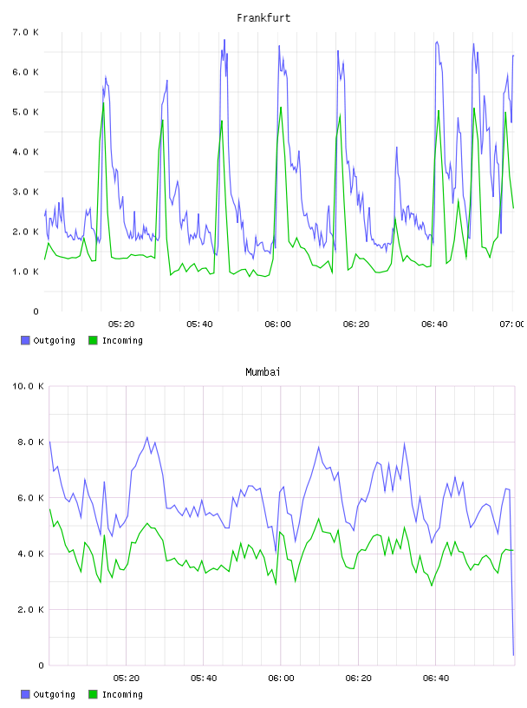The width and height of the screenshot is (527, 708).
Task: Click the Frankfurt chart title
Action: (x=263, y=18)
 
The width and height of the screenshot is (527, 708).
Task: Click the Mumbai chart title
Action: (x=263, y=372)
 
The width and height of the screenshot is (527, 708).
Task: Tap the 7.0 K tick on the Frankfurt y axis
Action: (x=26, y=32)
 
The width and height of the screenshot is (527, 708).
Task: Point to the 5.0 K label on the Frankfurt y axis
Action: (x=26, y=112)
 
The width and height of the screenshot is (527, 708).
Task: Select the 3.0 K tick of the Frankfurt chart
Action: (x=26, y=192)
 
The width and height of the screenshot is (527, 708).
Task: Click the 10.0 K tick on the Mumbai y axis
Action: (x=28, y=386)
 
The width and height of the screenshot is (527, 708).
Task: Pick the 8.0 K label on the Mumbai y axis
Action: (x=30, y=442)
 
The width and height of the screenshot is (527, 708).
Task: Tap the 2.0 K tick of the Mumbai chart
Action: (x=30, y=610)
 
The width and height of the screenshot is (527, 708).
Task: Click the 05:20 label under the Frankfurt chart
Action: (x=121, y=324)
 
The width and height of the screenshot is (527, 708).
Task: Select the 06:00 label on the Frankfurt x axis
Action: (x=278, y=324)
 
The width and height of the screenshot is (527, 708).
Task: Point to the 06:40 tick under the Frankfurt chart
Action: (x=434, y=324)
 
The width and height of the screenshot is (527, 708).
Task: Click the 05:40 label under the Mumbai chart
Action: (x=204, y=678)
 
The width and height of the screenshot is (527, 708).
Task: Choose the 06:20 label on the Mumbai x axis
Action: (x=359, y=678)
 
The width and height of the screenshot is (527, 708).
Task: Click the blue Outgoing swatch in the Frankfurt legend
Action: (x=25, y=340)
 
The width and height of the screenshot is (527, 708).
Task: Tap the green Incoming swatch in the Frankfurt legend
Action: (x=93, y=340)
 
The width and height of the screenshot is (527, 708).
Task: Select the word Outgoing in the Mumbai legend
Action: (x=54, y=694)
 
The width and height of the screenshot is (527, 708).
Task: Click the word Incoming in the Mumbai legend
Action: (x=122, y=694)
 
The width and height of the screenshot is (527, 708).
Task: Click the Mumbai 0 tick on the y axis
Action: (x=41, y=665)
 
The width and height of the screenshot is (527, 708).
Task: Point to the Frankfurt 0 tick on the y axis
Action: (x=36, y=311)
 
